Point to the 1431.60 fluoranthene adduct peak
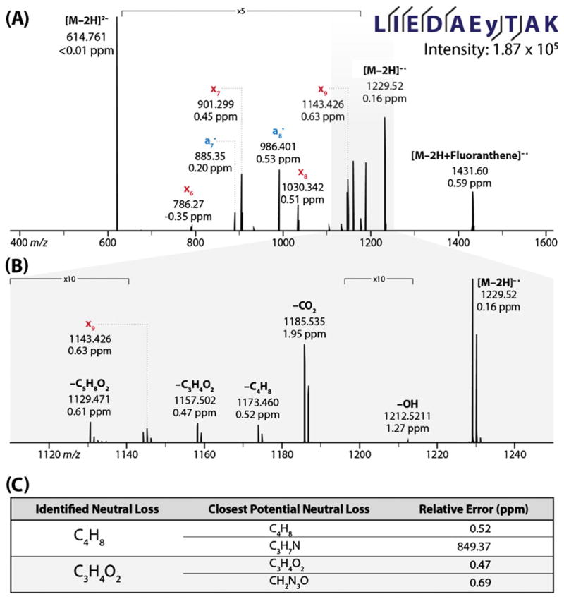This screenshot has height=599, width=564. (472, 208)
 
